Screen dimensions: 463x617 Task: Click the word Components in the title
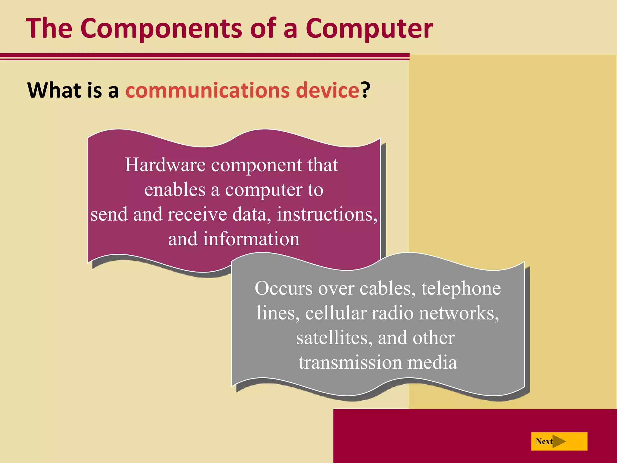[x=161, y=29]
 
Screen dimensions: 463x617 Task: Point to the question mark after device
[x=366, y=90]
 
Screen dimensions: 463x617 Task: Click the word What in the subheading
[x=54, y=90]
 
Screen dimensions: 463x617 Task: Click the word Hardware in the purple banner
[x=165, y=165]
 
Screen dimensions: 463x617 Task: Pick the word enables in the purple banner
[x=175, y=190]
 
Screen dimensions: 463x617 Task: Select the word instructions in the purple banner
[x=327, y=215]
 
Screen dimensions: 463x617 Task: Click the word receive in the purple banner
[x=197, y=215]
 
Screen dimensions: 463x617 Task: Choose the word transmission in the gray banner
[x=350, y=363]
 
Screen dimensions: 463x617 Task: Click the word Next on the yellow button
[x=544, y=442]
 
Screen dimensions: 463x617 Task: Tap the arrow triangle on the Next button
[x=559, y=442]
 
